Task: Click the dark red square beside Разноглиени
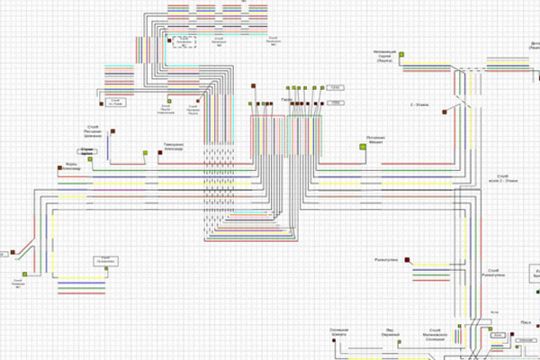coord(408,260)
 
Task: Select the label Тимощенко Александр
coord(174,147)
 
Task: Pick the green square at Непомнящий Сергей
coord(402,56)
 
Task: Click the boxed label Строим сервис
coord(87,150)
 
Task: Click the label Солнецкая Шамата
coord(339,331)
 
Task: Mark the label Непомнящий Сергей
coord(387,56)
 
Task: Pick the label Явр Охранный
coord(391,331)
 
